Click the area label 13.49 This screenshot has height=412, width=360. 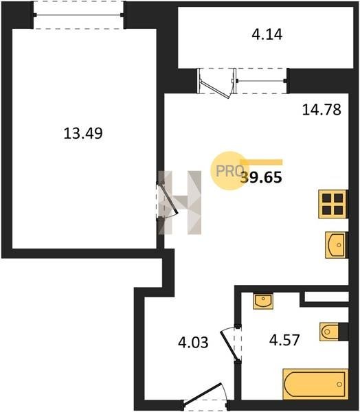point(83,133)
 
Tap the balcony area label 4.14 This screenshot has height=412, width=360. point(267,34)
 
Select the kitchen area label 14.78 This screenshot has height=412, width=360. point(322,109)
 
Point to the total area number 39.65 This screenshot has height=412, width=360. point(262,177)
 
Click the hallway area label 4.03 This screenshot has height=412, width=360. point(193,343)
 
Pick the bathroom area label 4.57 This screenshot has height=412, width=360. point(284,339)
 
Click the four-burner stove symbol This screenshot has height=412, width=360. point(333,204)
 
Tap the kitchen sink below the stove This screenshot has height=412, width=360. point(337,245)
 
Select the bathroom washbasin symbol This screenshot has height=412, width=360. point(263,301)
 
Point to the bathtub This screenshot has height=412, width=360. point(315,384)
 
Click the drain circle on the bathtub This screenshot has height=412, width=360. point(339,385)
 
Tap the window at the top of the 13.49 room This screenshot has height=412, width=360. point(78,15)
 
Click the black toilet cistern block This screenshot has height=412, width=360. point(344,332)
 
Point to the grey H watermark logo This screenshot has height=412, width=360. point(180,203)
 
